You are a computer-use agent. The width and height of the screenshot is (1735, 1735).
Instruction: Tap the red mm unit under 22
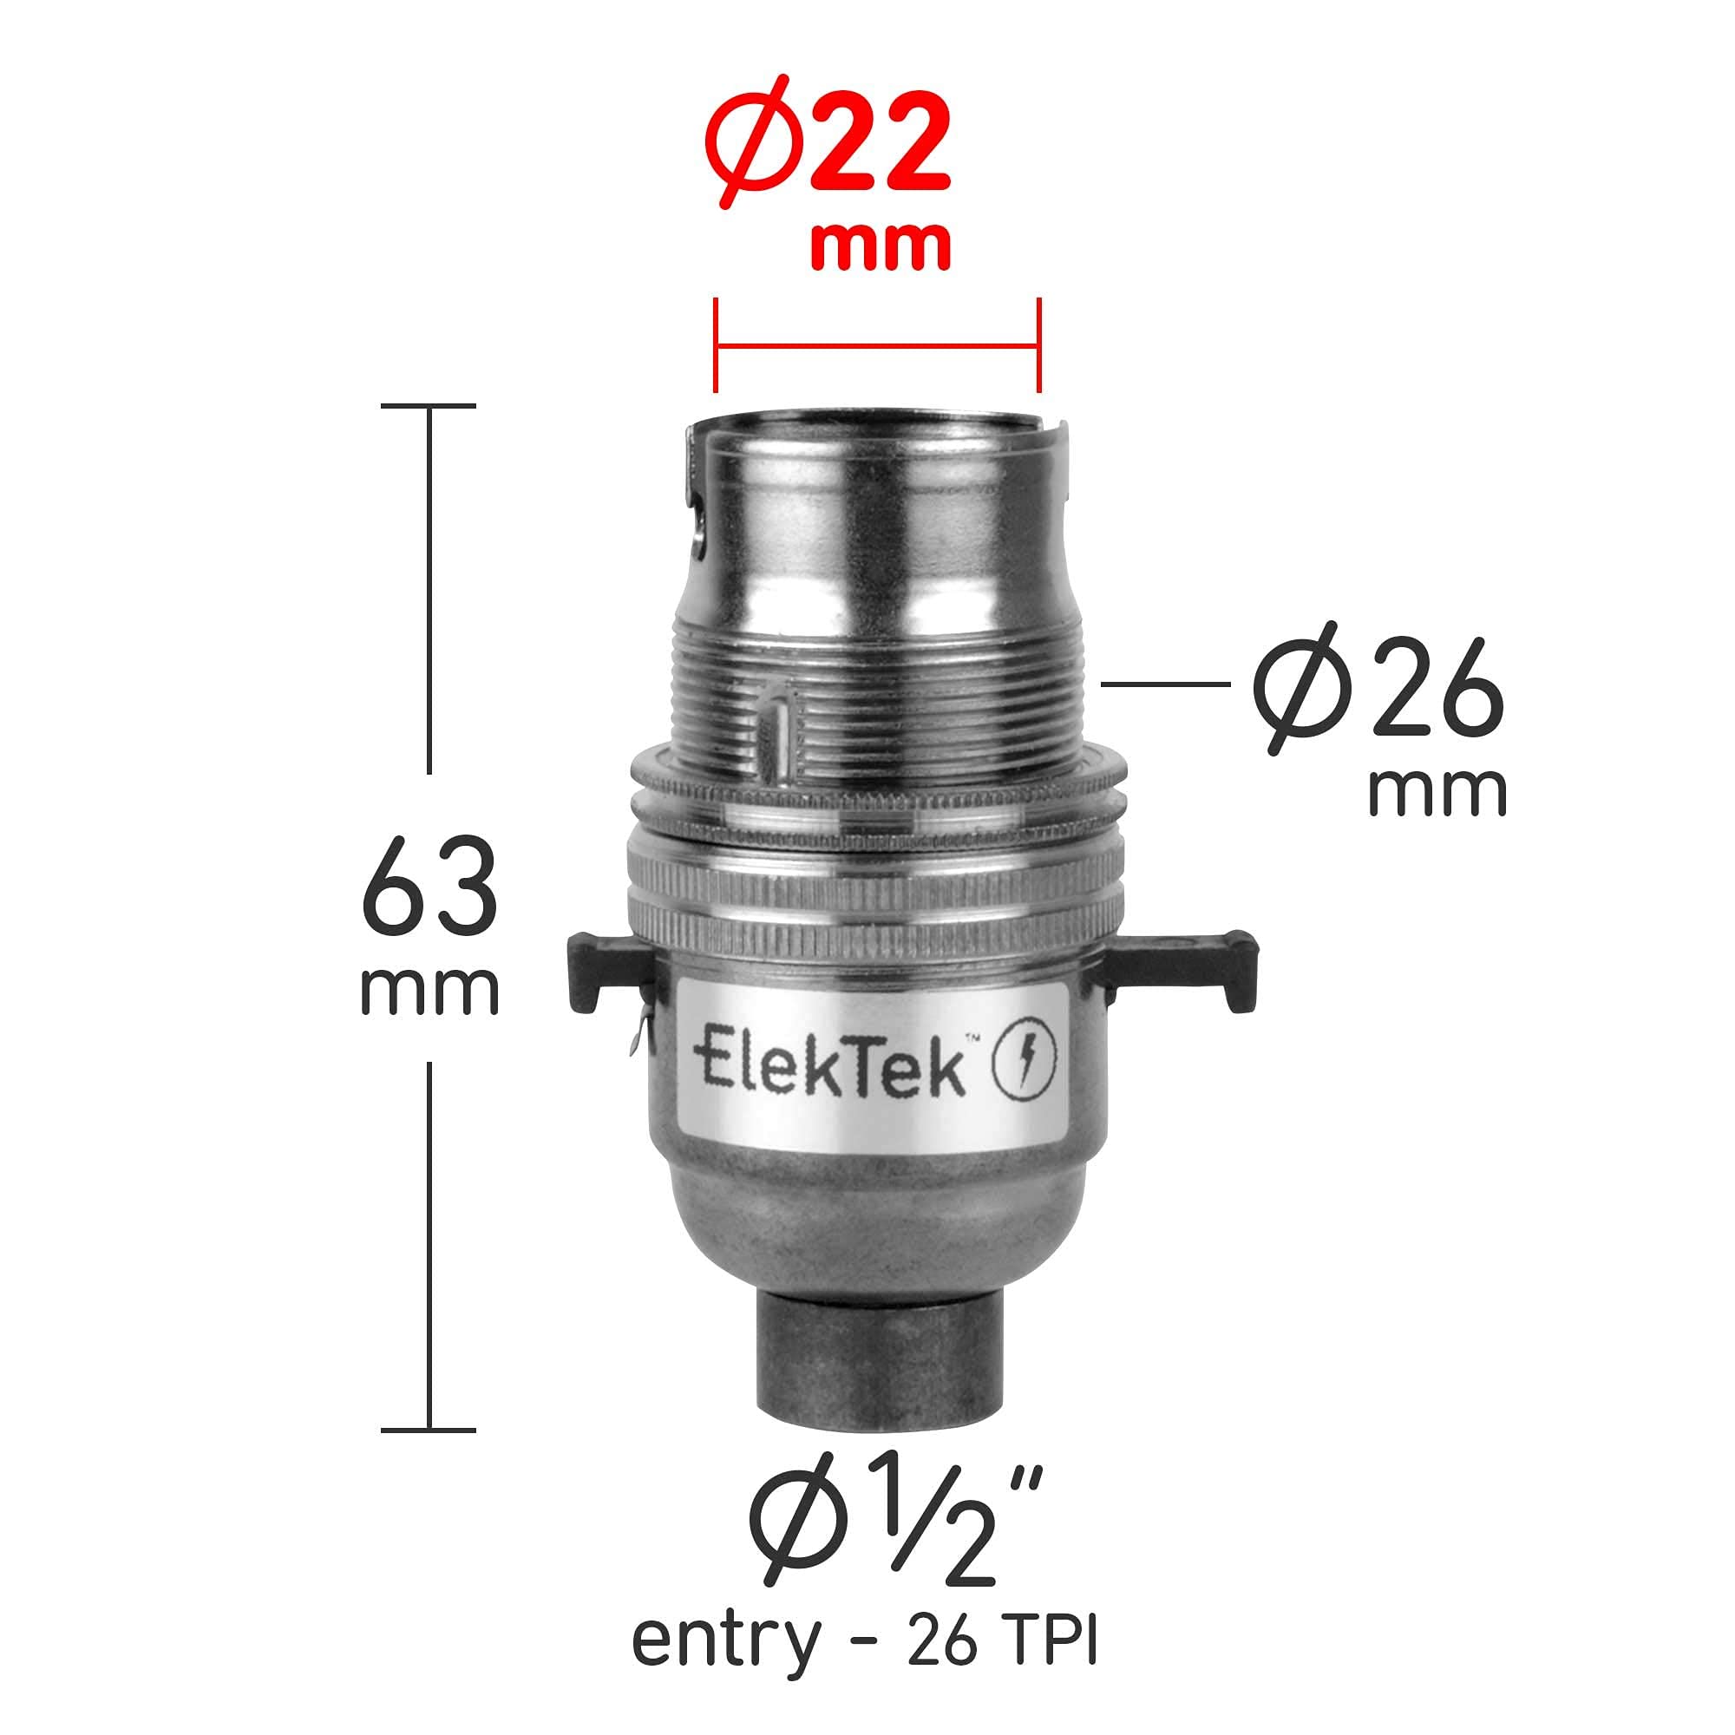(879, 246)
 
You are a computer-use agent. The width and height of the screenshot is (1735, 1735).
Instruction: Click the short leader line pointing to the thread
(1166, 684)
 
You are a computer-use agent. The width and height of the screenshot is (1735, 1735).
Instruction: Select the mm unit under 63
(429, 992)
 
